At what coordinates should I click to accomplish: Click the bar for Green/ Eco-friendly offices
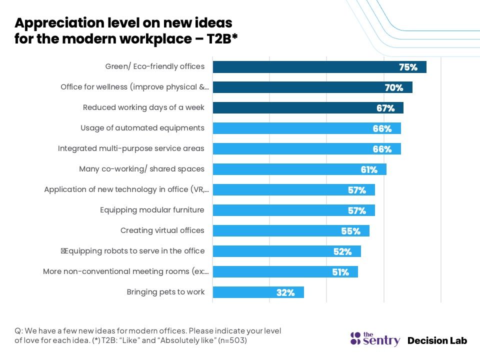pyautogui.click(x=319, y=67)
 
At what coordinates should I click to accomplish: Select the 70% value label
pyautogui.click(x=394, y=88)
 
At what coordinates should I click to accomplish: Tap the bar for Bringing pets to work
pyautogui.click(x=258, y=292)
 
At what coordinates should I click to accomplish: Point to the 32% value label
pyautogui.click(x=285, y=293)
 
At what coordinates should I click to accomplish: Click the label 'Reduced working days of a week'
pyautogui.click(x=143, y=107)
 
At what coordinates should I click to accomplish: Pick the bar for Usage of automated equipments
pyautogui.click(x=306, y=128)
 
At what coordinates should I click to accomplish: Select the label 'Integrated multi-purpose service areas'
pyautogui.click(x=131, y=148)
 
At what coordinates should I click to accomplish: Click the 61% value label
pyautogui.click(x=369, y=170)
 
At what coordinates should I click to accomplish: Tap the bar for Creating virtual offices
pyautogui.click(x=291, y=231)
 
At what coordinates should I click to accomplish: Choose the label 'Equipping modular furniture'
pyautogui.click(x=152, y=210)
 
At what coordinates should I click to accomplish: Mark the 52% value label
pyautogui.click(x=342, y=252)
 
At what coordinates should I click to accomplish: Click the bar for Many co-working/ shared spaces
pyautogui.click(x=299, y=169)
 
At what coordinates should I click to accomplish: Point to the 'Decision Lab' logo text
pyautogui.click(x=437, y=340)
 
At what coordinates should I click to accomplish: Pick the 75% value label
pyautogui.click(x=408, y=67)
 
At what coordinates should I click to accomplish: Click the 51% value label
pyautogui.click(x=340, y=272)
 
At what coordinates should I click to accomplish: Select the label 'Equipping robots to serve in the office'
pyautogui.click(x=132, y=251)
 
